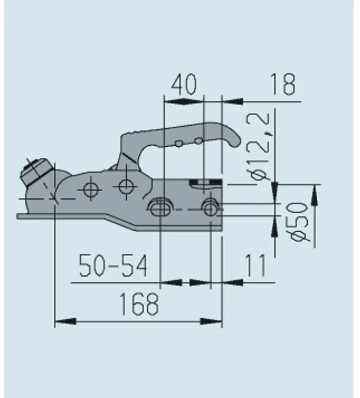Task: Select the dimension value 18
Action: [x=283, y=84]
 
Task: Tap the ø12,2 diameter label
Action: [x=260, y=146]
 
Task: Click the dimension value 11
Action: [x=256, y=266]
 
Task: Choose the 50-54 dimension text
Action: [x=113, y=266]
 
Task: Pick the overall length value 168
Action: [x=139, y=304]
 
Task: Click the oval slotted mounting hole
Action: [x=159, y=207]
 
